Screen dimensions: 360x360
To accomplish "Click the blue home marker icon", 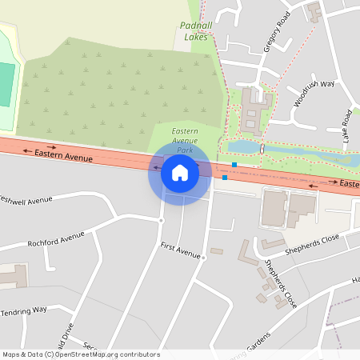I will coord(179,172).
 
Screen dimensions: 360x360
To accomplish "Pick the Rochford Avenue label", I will coord(55,238).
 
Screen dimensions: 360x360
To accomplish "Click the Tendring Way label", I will coord(24,310).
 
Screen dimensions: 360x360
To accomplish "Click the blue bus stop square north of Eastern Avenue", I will coord(234,165).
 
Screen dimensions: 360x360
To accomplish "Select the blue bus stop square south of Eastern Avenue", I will coord(225,178).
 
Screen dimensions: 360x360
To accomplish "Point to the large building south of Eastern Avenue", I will coord(274,208).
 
